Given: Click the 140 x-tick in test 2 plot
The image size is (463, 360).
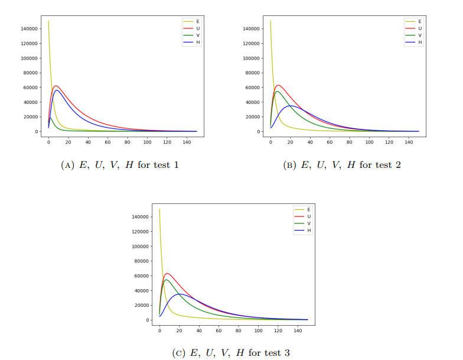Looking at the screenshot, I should (409, 142).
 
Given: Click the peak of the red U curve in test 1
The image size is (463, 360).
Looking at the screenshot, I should (56, 86).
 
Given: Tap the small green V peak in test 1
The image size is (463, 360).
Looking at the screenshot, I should (50, 118).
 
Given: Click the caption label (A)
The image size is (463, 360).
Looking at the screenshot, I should (67, 165).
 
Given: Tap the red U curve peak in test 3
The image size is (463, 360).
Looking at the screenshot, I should (167, 273).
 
